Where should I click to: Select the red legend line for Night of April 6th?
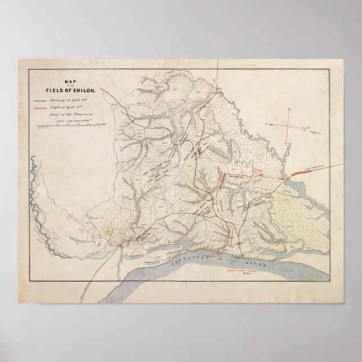coord(39,106)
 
